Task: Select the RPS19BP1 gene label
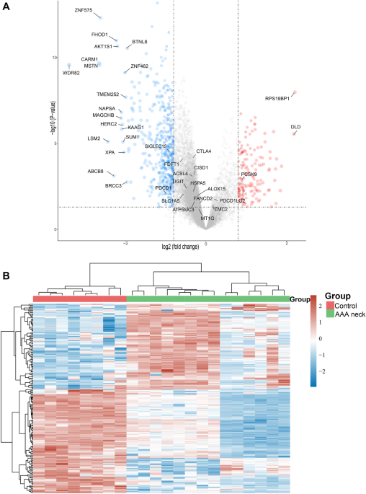tap(277, 98)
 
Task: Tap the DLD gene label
tap(295, 127)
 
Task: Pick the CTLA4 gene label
tap(204, 151)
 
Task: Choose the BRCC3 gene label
tap(113, 185)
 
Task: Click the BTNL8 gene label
tap(140, 42)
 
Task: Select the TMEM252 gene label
tap(107, 94)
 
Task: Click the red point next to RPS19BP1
tap(294, 92)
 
